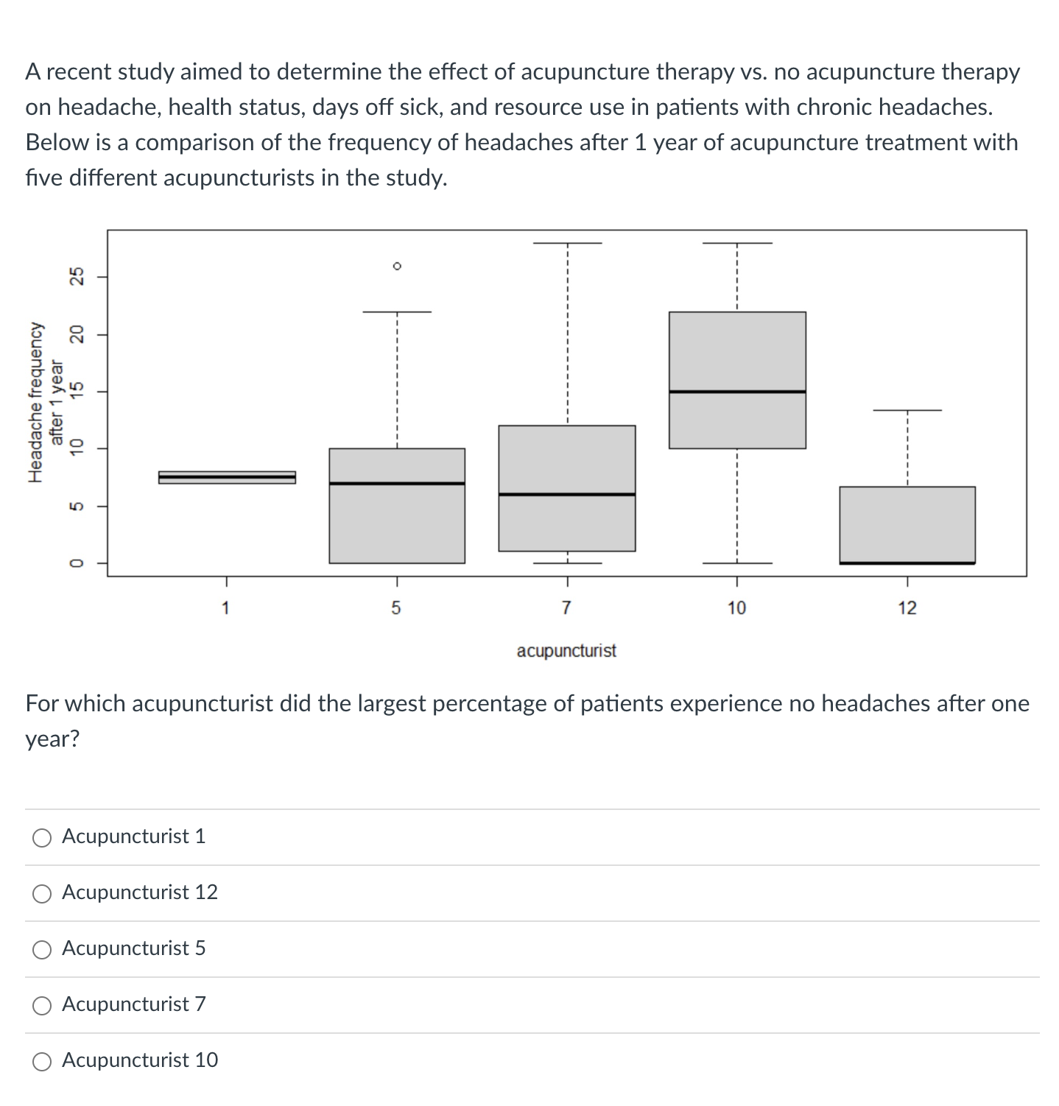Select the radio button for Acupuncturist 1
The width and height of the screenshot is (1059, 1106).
click(43, 837)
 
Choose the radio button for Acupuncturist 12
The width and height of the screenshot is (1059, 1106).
click(43, 893)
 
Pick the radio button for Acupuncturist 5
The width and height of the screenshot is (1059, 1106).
click(43, 949)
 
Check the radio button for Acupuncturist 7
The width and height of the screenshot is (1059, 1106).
click(43, 1005)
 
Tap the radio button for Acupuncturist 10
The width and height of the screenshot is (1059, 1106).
click(43, 1061)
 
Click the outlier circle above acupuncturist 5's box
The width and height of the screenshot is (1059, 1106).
click(397, 266)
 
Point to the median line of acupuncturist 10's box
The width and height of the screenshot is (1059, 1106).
click(737, 392)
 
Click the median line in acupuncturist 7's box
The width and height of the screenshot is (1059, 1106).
click(566, 494)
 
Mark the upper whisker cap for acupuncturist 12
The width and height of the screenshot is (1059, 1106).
click(907, 410)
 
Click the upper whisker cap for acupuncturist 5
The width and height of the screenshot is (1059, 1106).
click(397, 311)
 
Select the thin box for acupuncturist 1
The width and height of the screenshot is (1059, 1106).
click(227, 477)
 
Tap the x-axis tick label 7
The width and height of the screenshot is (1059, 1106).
click(566, 608)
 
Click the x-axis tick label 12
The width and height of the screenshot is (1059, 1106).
click(907, 608)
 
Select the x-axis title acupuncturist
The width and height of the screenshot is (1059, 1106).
click(566, 651)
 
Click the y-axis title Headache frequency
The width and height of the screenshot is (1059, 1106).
click(35, 403)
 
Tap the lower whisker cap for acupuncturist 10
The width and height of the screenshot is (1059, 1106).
click(737, 563)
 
